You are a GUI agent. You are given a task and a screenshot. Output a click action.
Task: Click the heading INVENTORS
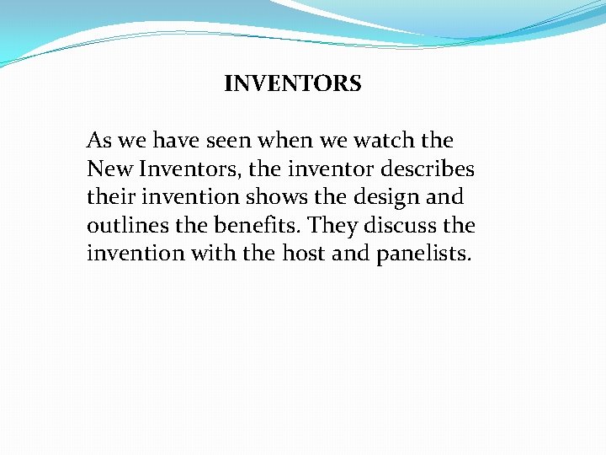coord(293,84)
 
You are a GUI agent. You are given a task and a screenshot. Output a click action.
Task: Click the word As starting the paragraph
coord(99,141)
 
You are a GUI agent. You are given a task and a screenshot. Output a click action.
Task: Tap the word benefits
coord(261,227)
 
